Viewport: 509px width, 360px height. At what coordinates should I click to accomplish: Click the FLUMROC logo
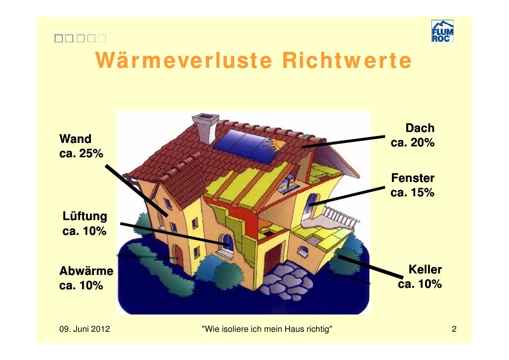442,31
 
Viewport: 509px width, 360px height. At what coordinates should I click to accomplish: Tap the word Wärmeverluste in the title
185,60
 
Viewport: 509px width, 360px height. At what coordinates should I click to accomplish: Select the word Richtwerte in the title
346,60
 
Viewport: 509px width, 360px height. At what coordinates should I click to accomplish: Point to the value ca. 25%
81,153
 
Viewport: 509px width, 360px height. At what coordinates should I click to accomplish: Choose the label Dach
420,129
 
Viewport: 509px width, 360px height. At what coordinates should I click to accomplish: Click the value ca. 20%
413,143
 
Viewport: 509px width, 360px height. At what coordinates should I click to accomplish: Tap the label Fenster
413,178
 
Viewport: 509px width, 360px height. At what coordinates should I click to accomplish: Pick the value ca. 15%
413,192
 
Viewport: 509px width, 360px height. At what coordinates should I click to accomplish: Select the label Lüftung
85,216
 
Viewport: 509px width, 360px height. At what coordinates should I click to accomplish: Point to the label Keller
425,270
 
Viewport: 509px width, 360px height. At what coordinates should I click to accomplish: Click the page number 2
454,329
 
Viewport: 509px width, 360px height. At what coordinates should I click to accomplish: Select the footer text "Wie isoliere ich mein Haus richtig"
267,329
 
